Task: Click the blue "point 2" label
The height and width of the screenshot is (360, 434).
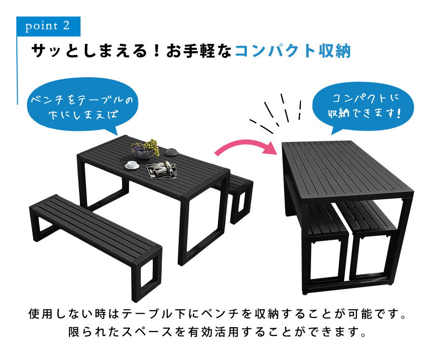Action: point(48,26)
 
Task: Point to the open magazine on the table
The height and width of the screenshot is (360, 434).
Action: point(162,169)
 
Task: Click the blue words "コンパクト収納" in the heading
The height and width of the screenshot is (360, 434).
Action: point(292,51)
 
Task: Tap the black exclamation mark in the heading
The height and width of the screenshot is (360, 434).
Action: point(156,51)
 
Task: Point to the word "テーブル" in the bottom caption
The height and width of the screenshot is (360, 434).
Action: point(142,314)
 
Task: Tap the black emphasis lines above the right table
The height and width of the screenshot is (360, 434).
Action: point(278,111)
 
